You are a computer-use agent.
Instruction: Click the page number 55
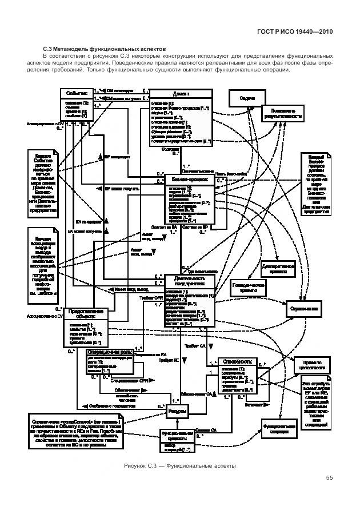click(329, 478)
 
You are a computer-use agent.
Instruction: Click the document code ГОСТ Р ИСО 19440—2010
click(295, 33)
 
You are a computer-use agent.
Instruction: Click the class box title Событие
click(76, 92)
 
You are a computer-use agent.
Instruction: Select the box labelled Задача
click(247, 98)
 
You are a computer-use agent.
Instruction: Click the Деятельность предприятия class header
click(189, 281)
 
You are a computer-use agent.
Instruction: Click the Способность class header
click(234, 361)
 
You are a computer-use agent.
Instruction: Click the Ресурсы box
click(178, 412)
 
